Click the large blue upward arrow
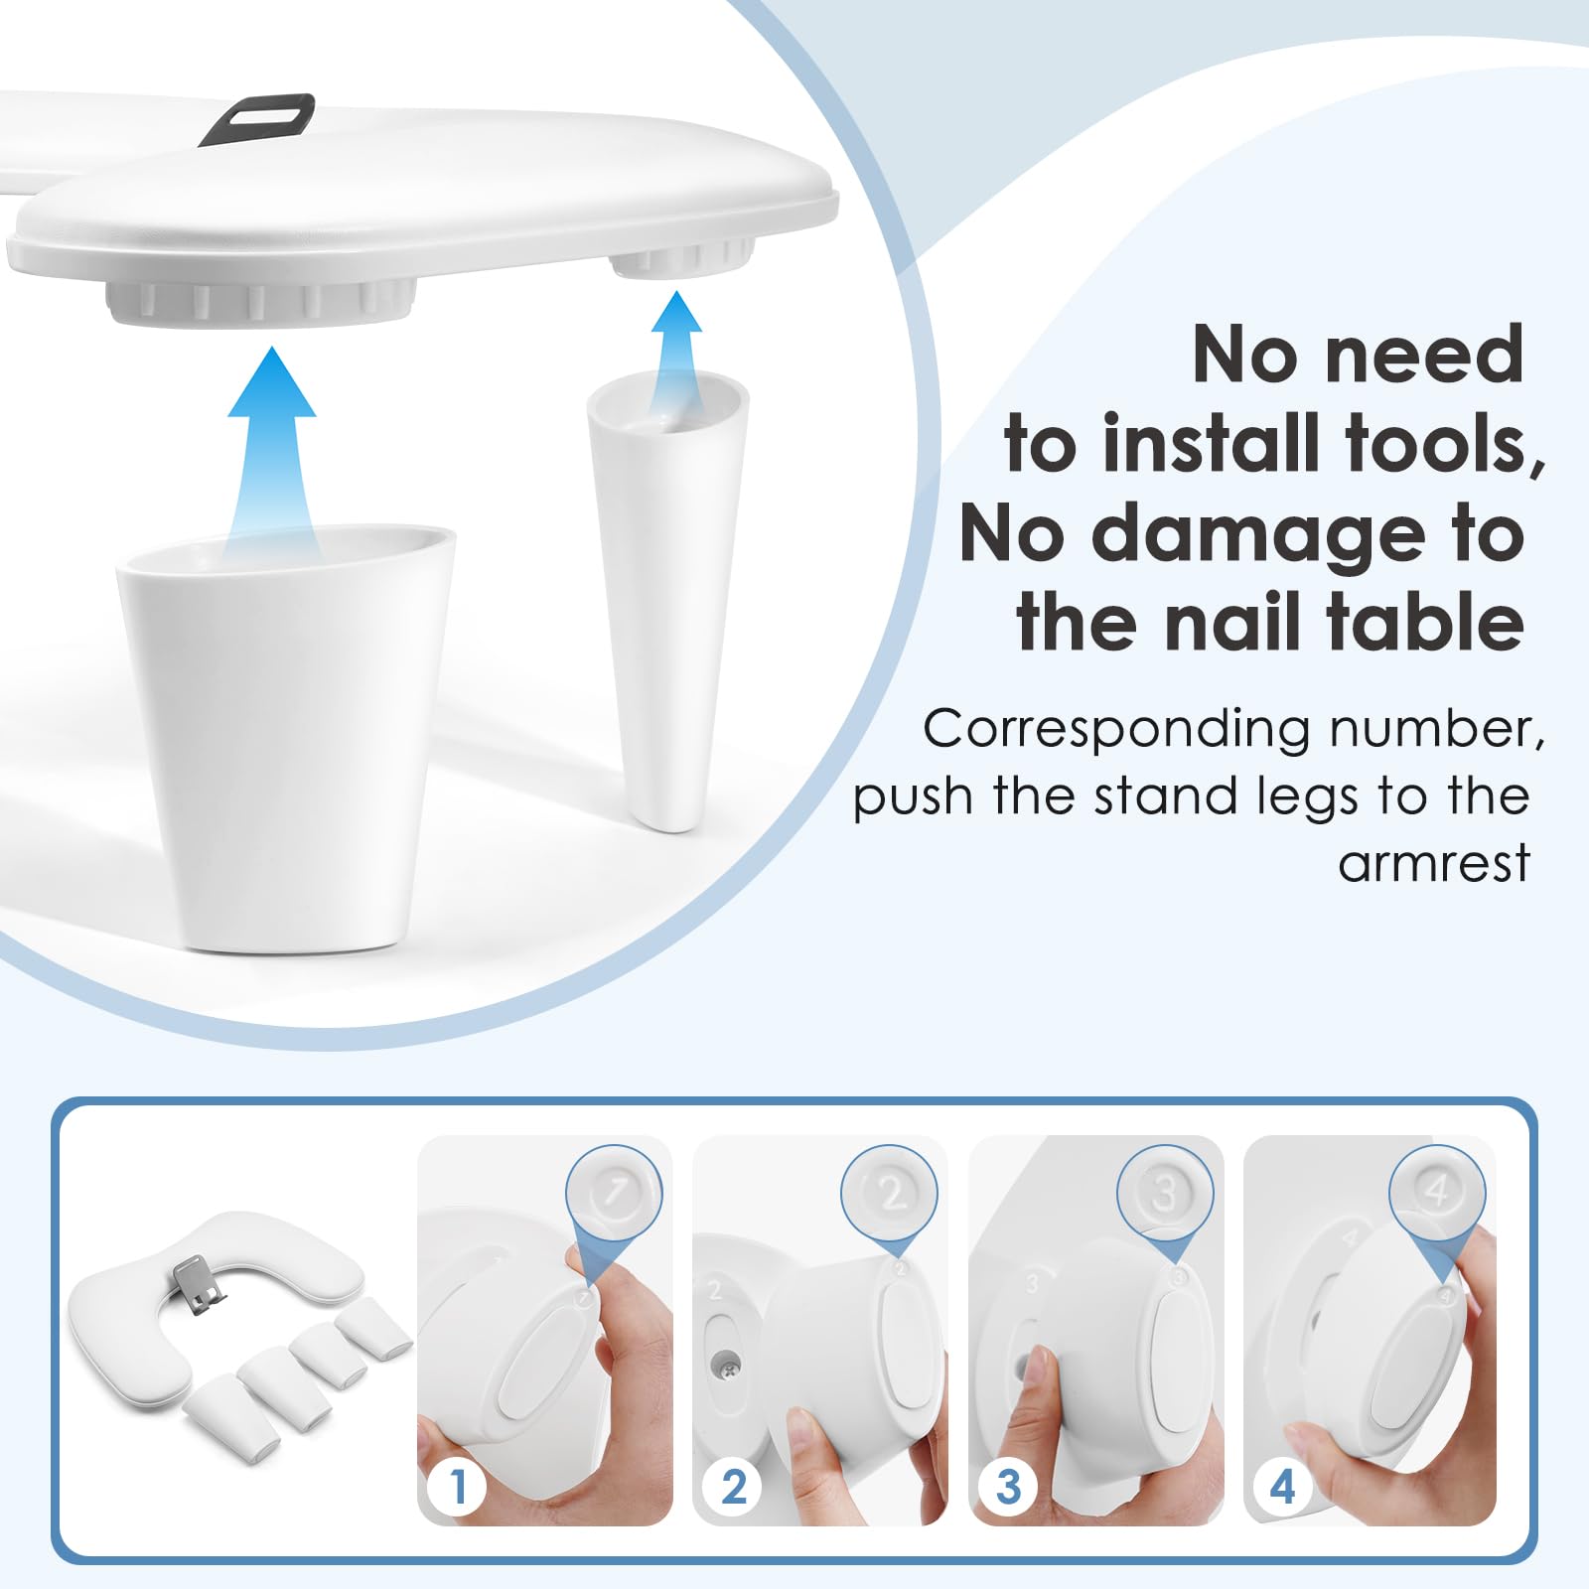pos(272,447)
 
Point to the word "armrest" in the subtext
pos(1434,863)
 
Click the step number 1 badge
pos(458,1487)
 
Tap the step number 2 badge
pos(733,1487)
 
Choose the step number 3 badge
pos(1008,1487)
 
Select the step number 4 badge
pos(1283,1487)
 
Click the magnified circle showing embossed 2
pos(889,1192)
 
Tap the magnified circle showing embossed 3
pos(1165,1192)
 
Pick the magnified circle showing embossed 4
pos(1438,1192)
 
